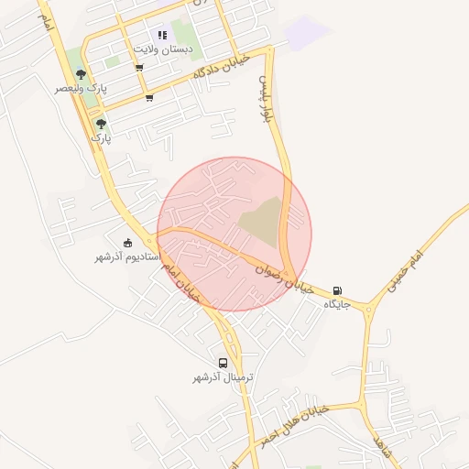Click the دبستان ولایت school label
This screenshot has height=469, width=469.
[x=163, y=48]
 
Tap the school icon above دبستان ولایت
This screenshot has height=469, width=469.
[x=163, y=35]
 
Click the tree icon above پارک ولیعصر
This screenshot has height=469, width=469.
[x=82, y=74]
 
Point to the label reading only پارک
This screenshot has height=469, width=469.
[x=100, y=136]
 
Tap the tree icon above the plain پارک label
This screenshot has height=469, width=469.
[x=101, y=123]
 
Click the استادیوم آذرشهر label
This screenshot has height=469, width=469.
[x=127, y=256]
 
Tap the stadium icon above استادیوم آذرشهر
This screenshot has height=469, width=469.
[x=127, y=243]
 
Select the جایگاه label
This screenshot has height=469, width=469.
[x=337, y=304]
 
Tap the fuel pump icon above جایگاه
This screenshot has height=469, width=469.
[x=339, y=289]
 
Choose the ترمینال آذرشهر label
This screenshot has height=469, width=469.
[x=223, y=377]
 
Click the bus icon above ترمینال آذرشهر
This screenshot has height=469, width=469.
[x=224, y=363]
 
